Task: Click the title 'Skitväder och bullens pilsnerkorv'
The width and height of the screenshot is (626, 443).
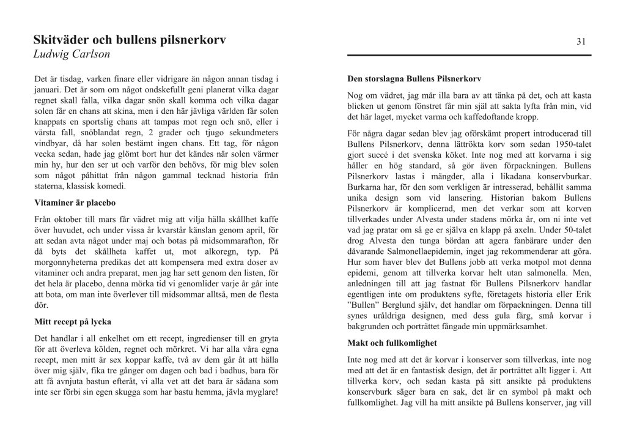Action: tap(130, 41)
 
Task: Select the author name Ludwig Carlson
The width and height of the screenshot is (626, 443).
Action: tap(72, 54)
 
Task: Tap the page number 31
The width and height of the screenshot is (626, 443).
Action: tap(581, 42)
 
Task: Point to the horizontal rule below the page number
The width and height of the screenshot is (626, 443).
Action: tap(469, 56)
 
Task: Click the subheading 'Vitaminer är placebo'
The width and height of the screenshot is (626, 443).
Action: tap(75, 203)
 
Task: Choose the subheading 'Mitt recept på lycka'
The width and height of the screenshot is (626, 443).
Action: tap(73, 322)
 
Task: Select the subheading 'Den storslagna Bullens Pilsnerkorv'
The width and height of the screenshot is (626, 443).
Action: tap(414, 80)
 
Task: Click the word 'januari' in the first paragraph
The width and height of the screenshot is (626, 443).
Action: tap(50, 90)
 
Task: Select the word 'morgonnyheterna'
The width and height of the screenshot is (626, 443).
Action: tap(67, 262)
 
